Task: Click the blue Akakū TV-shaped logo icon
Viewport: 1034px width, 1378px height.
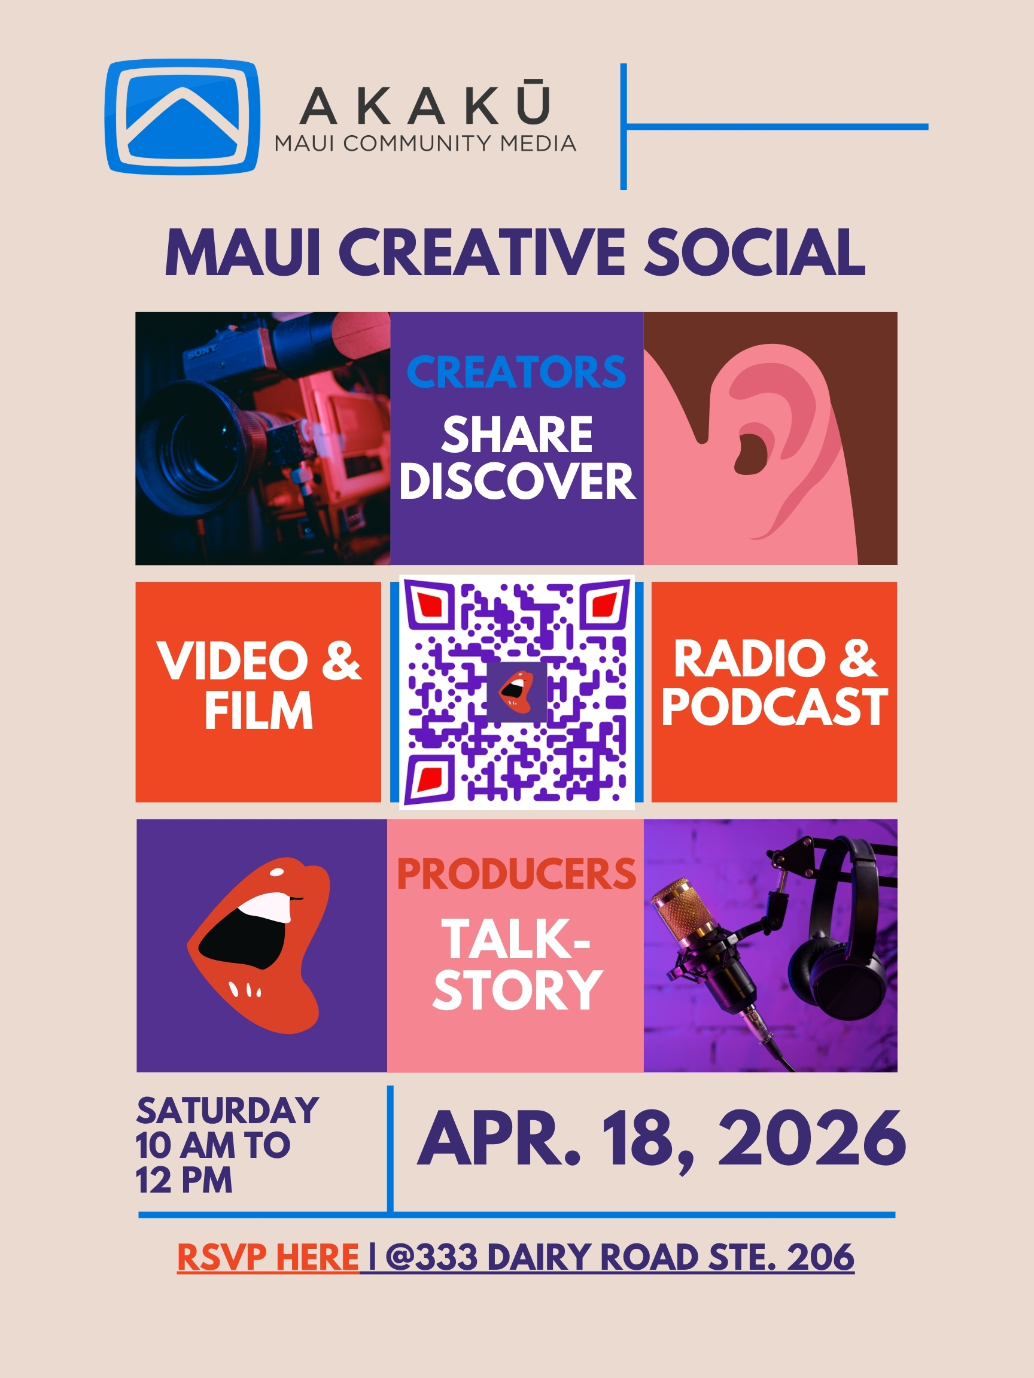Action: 182,117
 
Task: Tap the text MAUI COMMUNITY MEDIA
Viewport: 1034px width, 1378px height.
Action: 425,144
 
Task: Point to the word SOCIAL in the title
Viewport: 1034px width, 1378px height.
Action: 755,252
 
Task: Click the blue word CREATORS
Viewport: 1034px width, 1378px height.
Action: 516,372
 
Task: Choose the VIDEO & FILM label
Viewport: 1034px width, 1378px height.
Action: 258,685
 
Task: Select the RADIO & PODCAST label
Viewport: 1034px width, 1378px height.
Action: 775,683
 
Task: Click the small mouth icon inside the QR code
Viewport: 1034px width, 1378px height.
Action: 516,692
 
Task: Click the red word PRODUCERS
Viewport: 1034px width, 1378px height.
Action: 516,874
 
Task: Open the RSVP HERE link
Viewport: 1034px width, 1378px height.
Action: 268,1257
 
